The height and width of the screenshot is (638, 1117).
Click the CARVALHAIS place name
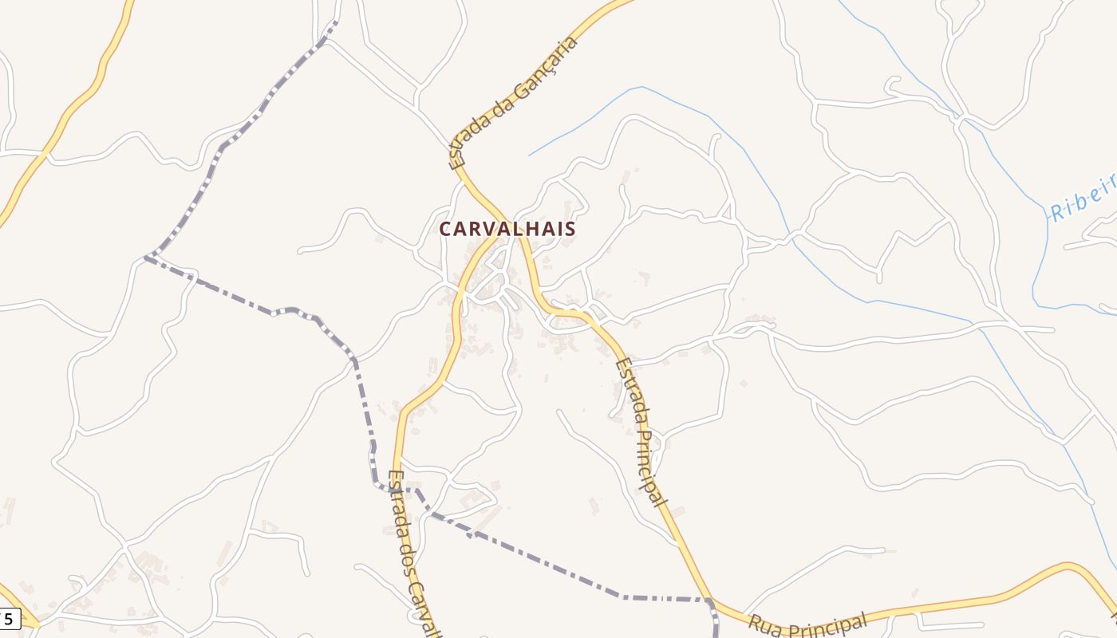point(507,229)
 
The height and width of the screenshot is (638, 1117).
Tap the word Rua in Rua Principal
point(766,624)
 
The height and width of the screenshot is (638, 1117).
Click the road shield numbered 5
point(9,618)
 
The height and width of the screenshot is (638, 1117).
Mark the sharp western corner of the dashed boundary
point(144,258)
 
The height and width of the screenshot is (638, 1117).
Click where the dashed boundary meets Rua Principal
point(709,601)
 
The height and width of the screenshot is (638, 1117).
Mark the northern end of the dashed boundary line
point(335,22)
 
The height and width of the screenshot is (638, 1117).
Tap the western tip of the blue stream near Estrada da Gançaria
point(529,155)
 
